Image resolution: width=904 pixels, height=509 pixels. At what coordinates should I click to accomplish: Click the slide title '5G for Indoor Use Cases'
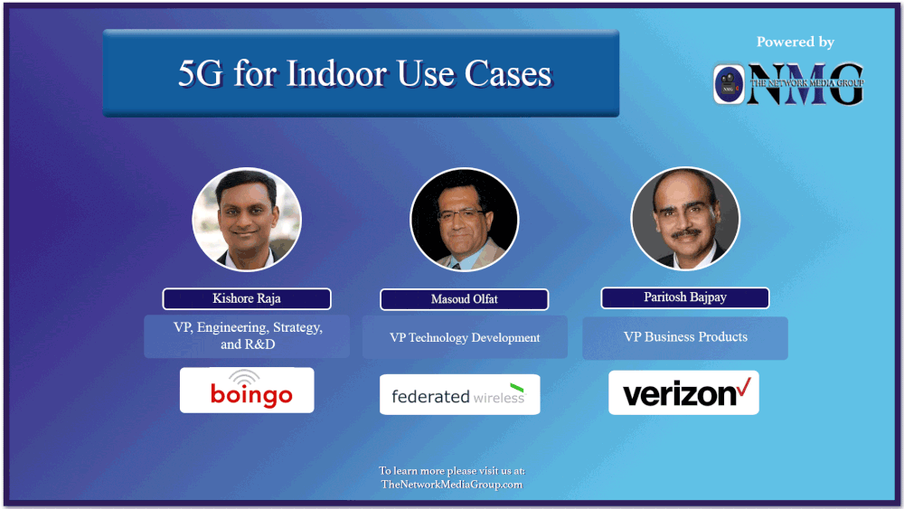(364, 73)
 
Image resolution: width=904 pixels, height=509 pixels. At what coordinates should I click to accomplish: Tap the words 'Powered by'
(795, 42)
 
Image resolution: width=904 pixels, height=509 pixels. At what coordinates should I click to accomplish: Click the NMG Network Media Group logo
(788, 84)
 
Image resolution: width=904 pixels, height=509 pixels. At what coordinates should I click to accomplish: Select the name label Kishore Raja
(247, 299)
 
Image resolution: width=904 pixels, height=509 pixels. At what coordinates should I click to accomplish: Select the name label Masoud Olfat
(464, 300)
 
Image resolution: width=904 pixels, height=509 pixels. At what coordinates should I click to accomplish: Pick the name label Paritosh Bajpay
(684, 298)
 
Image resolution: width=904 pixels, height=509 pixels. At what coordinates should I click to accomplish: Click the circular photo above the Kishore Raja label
(246, 219)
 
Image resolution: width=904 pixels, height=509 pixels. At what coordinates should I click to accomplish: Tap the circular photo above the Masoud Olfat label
(464, 220)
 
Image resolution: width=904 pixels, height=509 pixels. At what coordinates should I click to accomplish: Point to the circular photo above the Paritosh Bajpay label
(684, 219)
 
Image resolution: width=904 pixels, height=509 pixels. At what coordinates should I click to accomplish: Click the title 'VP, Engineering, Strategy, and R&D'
(247, 335)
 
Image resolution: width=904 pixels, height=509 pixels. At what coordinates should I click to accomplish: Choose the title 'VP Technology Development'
(465, 337)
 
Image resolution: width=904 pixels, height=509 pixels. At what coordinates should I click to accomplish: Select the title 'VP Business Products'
(685, 336)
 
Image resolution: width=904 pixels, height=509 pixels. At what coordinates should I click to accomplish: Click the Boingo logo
(247, 391)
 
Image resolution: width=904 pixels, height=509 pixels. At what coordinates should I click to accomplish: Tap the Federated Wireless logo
(459, 394)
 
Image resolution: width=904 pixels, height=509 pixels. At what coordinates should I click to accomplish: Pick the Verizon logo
(683, 392)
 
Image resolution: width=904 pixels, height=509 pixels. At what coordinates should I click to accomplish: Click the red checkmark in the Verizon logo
(744, 388)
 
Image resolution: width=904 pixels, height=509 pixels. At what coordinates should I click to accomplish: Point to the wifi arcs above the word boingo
(242, 377)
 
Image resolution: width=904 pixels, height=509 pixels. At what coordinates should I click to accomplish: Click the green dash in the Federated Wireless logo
(516, 388)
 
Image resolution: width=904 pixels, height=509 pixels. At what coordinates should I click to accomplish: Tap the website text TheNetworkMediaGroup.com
(451, 485)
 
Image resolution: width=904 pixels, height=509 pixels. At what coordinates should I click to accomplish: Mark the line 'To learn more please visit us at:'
(451, 471)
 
